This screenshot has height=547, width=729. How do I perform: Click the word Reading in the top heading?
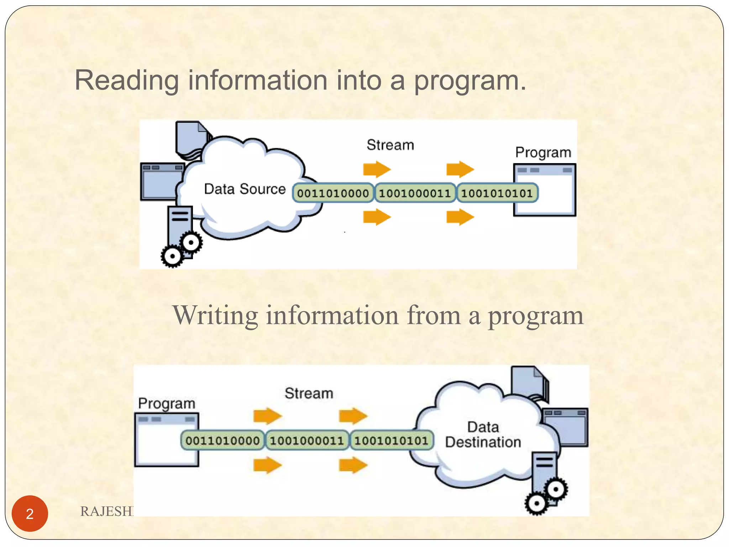pyautogui.click(x=126, y=81)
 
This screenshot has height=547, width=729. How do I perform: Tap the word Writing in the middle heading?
pyautogui.click(x=215, y=315)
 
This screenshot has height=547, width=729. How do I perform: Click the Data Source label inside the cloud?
pyautogui.click(x=245, y=189)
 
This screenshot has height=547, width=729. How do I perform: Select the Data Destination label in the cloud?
pyautogui.click(x=483, y=434)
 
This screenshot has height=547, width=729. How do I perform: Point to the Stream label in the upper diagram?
pyautogui.click(x=390, y=145)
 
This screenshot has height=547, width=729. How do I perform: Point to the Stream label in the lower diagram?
pyautogui.click(x=309, y=393)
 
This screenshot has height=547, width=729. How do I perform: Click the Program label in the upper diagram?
pyautogui.click(x=543, y=152)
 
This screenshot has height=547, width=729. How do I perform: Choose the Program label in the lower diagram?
pyautogui.click(x=167, y=403)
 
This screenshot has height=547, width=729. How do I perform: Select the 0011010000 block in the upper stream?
pyautogui.click(x=333, y=193)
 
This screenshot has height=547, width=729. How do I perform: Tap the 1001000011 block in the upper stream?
pyautogui.click(x=415, y=193)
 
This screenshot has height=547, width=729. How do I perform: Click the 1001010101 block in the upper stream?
pyautogui.click(x=497, y=193)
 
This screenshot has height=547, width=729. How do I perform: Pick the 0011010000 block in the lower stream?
pyautogui.click(x=222, y=441)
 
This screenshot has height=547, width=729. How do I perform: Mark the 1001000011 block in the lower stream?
pyautogui.click(x=307, y=441)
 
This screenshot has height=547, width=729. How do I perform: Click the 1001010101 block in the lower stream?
pyautogui.click(x=391, y=441)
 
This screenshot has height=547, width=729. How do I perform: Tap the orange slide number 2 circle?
pyautogui.click(x=30, y=514)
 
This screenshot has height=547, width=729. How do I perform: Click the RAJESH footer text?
pyautogui.click(x=106, y=511)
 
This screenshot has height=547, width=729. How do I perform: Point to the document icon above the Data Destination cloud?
pyautogui.click(x=529, y=383)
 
